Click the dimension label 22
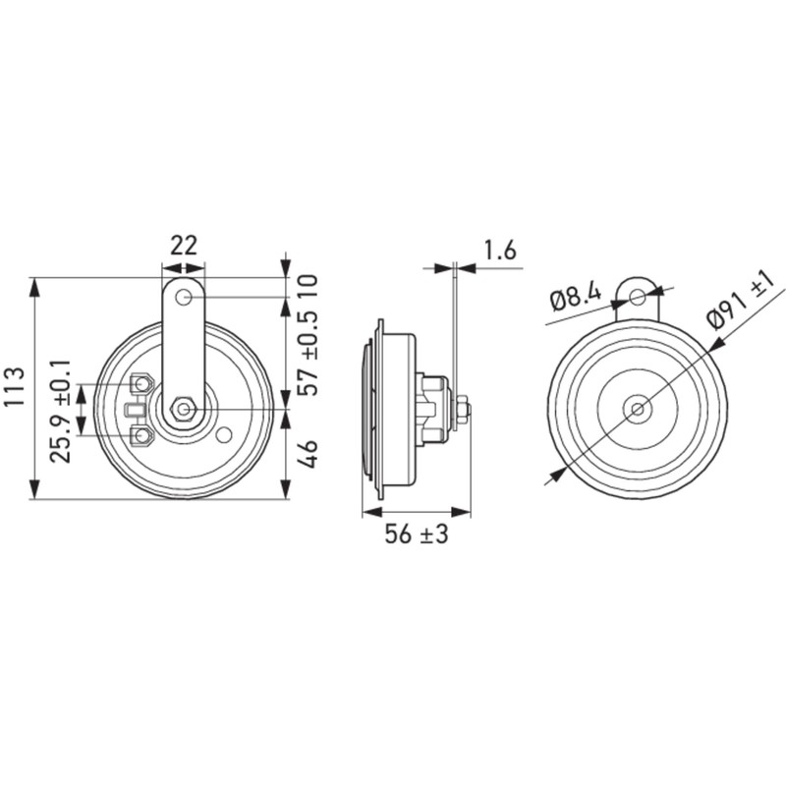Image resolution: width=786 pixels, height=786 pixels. pyautogui.click(x=184, y=245)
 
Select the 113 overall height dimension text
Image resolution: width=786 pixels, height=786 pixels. pyautogui.click(x=14, y=389)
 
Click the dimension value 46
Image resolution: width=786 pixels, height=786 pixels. pyautogui.click(x=309, y=455)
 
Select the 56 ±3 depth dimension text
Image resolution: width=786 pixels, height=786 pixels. pyautogui.click(x=416, y=535)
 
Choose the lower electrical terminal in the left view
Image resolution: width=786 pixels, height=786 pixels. pyautogui.click(x=142, y=434)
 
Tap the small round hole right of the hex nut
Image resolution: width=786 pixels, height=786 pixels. pyautogui.click(x=225, y=434)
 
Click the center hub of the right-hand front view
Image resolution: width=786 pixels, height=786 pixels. pyautogui.click(x=638, y=408)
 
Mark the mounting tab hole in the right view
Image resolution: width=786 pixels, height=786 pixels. pyautogui.click(x=638, y=295)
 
